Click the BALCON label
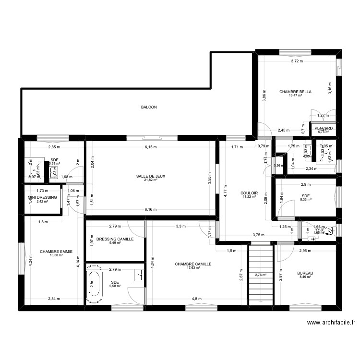(149, 108)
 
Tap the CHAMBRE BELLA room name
(300, 92)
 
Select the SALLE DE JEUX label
(151, 176)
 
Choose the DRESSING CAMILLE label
(115, 239)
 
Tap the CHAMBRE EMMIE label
(56, 251)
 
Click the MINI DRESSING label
(42, 197)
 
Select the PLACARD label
(324, 128)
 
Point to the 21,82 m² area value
(151, 180)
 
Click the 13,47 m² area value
(295, 96)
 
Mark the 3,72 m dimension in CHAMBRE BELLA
(297, 61)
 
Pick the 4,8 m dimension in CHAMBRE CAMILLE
(196, 299)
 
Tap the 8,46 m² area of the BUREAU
(306, 277)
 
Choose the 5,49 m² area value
(115, 243)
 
